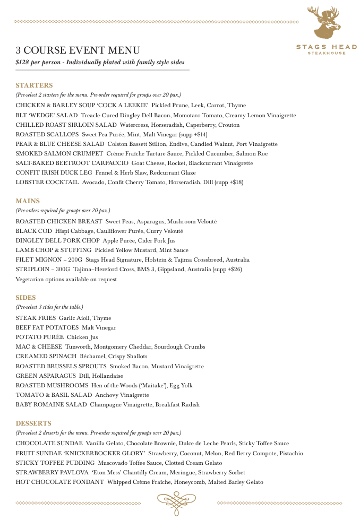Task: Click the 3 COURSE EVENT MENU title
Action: point(78,51)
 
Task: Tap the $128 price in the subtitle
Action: point(24,63)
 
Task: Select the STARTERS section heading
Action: point(34,85)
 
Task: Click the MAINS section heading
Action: point(28,201)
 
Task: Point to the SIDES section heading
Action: point(26,297)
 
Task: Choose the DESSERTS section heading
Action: point(33,423)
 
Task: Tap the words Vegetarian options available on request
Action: point(66,279)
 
